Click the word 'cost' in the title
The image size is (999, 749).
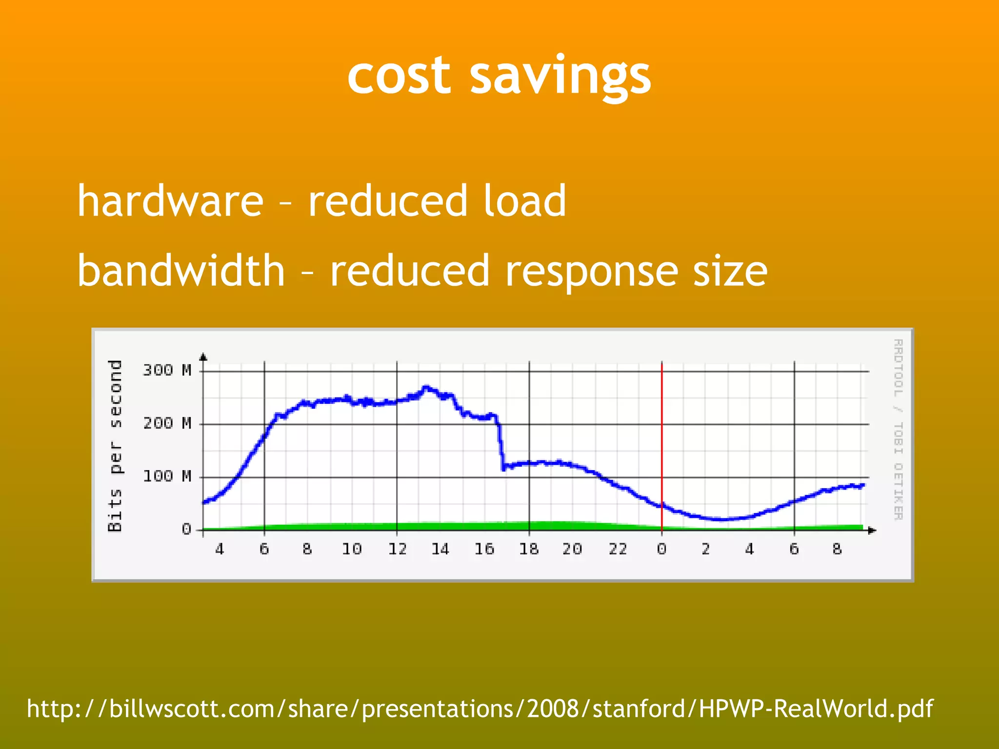[399, 77]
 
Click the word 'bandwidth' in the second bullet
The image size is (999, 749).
[181, 271]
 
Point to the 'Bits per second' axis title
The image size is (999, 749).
[115, 445]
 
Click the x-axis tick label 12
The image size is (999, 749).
[397, 550]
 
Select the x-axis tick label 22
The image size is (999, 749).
[618, 550]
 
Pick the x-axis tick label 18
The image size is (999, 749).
[529, 550]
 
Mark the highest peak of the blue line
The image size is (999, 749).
[426, 388]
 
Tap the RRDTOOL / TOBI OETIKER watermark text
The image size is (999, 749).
[898, 430]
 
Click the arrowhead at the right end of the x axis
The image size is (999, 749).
[873, 530]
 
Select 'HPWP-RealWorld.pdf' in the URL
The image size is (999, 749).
[816, 709]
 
